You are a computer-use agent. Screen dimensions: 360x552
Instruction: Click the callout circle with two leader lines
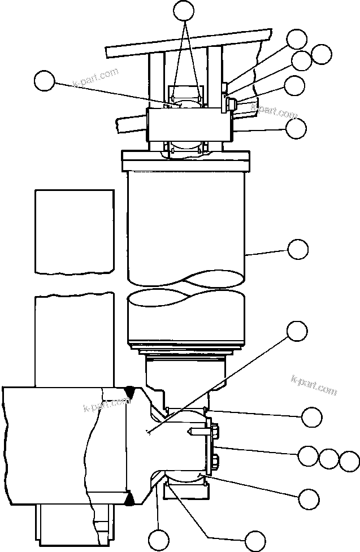[x=183, y=10]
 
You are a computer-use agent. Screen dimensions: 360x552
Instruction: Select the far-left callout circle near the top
[x=44, y=81]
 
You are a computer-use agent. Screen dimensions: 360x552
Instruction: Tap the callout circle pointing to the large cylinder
[x=297, y=248]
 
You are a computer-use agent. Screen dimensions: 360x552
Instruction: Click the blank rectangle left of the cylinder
[x=74, y=231]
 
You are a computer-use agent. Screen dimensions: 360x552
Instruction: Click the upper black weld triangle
[x=130, y=390]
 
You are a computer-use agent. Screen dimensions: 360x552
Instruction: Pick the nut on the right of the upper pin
[x=230, y=104]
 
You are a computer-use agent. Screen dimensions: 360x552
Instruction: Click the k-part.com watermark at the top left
[x=96, y=78]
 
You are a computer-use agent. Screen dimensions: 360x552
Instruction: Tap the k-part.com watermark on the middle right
[x=314, y=387]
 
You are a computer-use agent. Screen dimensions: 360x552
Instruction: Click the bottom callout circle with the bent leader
[x=254, y=539]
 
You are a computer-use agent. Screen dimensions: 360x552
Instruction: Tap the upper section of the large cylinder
[x=187, y=226]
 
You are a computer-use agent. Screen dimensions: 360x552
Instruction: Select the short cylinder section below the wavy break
[x=187, y=319]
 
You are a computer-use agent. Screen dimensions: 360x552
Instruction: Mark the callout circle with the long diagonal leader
[x=297, y=331]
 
